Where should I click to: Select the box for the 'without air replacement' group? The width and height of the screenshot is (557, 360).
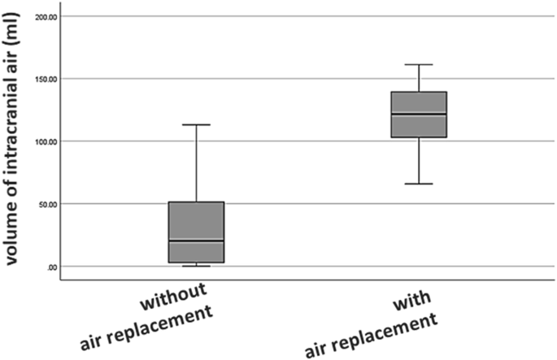(x=196, y=232)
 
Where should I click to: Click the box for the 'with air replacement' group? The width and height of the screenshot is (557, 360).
(x=419, y=115)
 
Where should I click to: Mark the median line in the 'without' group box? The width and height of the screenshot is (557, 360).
(x=196, y=241)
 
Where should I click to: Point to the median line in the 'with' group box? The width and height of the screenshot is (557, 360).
(x=419, y=113)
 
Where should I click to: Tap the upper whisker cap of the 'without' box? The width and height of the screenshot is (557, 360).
(x=196, y=124)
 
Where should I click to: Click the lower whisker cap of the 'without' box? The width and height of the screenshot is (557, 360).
(x=196, y=266)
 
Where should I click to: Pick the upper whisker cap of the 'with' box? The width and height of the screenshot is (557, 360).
(x=419, y=64)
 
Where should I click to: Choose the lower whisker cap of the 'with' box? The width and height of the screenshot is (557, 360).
(x=419, y=184)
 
